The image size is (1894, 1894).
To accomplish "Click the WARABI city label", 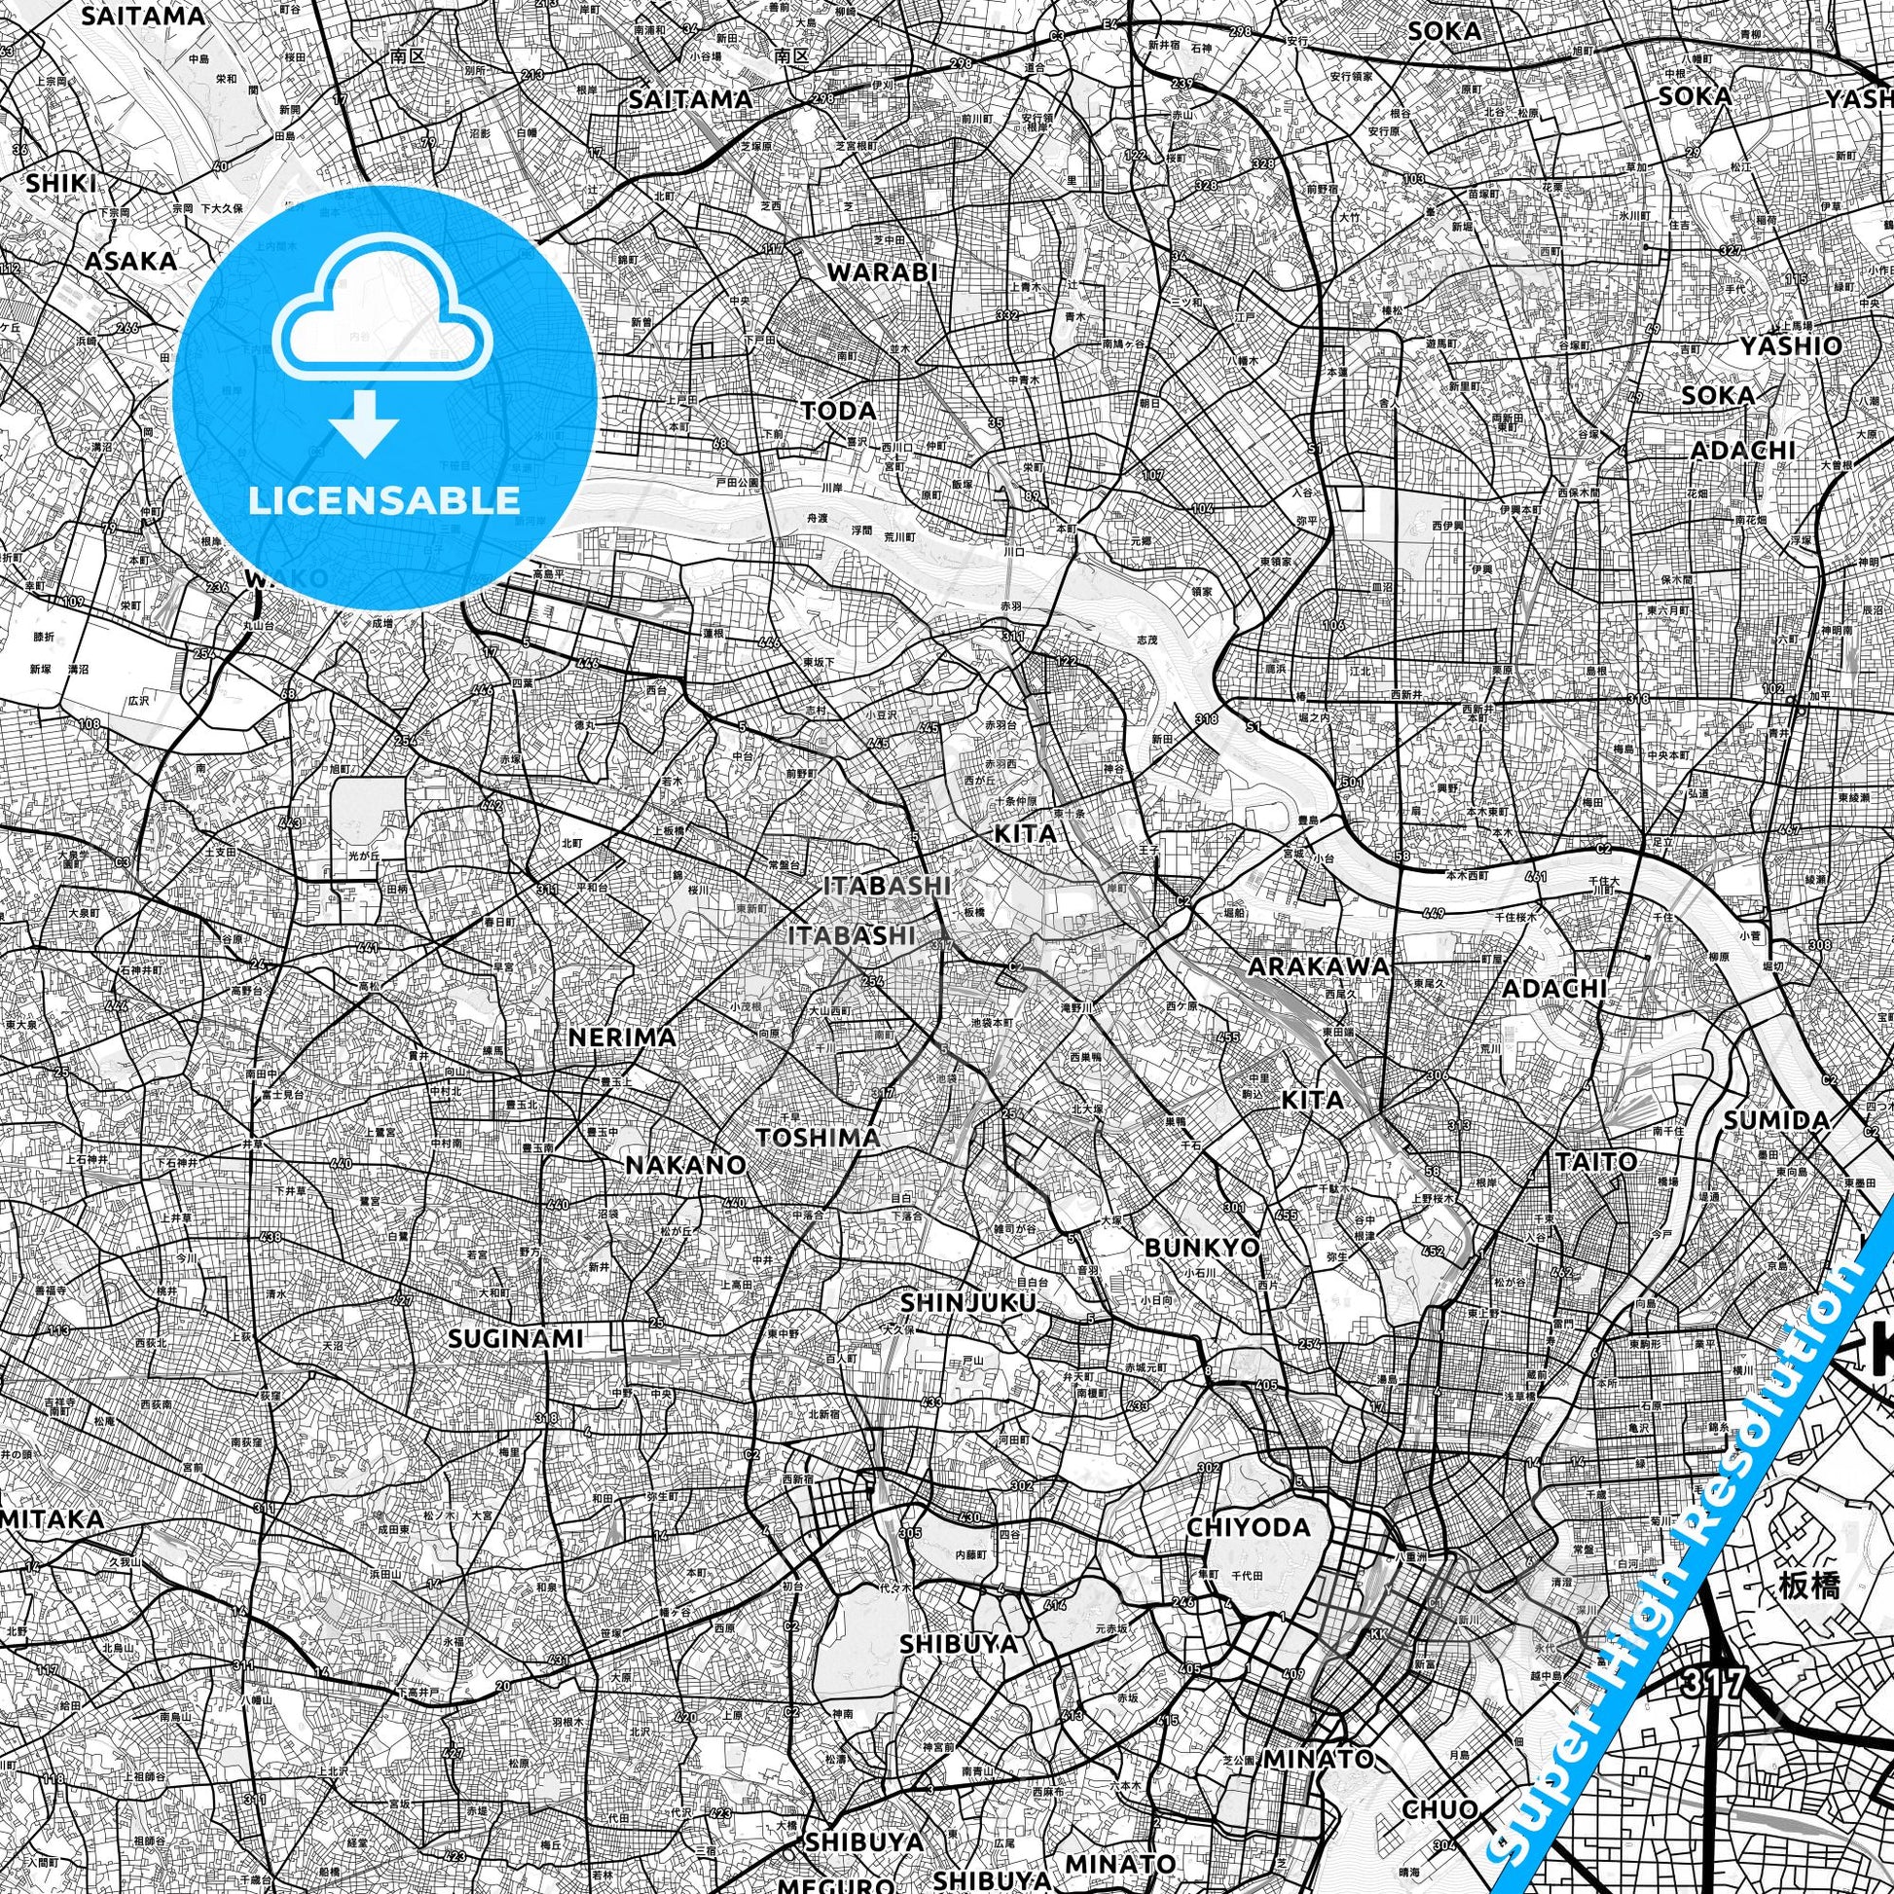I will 883,273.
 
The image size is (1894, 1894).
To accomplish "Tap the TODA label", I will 839,410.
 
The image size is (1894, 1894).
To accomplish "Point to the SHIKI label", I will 60,183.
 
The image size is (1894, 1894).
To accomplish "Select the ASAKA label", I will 130,261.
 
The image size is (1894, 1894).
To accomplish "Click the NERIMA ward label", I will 623,1037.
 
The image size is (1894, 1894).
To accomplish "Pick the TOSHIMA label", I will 818,1137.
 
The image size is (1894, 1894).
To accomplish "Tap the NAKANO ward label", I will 686,1165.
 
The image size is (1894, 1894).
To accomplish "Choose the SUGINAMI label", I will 516,1338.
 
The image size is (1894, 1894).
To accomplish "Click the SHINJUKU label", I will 967,1302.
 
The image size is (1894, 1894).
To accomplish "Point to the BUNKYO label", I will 1202,1248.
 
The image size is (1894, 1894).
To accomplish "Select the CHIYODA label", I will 1248,1527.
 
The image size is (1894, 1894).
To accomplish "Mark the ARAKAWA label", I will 1318,965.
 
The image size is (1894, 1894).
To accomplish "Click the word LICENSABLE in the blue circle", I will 383,501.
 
